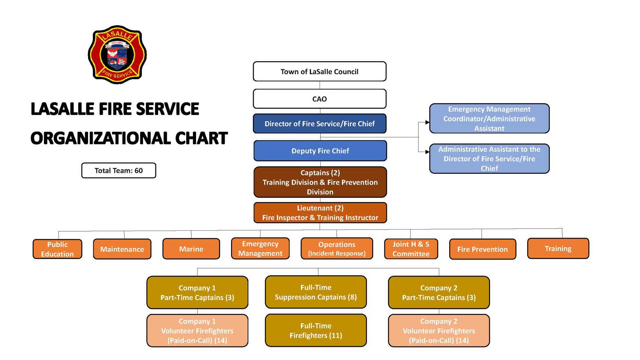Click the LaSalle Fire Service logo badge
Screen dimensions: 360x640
click(x=117, y=55)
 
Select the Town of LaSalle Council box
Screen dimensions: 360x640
click(x=320, y=72)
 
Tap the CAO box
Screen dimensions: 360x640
click(x=320, y=99)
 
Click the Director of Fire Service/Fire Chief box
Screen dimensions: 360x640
click(x=320, y=124)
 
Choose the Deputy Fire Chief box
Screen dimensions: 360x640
click(x=320, y=151)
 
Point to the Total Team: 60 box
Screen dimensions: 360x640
click(x=119, y=170)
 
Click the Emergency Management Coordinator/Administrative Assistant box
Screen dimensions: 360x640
click(x=489, y=119)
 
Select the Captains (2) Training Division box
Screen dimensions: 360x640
click(x=320, y=182)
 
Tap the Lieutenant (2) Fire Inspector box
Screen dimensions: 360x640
click(x=320, y=213)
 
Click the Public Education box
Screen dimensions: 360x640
click(x=57, y=249)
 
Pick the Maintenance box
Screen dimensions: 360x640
click(x=122, y=249)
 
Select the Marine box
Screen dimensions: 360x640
click(x=191, y=249)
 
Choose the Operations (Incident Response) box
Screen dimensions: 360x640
click(x=337, y=249)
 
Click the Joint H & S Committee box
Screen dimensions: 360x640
click(x=411, y=249)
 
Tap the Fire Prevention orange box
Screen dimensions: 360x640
click(x=482, y=249)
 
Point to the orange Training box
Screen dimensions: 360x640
click(x=558, y=249)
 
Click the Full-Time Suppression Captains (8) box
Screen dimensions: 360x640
click(x=316, y=292)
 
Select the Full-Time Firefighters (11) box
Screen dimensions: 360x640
click(x=316, y=331)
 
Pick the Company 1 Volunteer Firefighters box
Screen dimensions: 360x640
click(x=197, y=331)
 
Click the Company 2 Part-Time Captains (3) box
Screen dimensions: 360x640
click(x=439, y=293)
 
